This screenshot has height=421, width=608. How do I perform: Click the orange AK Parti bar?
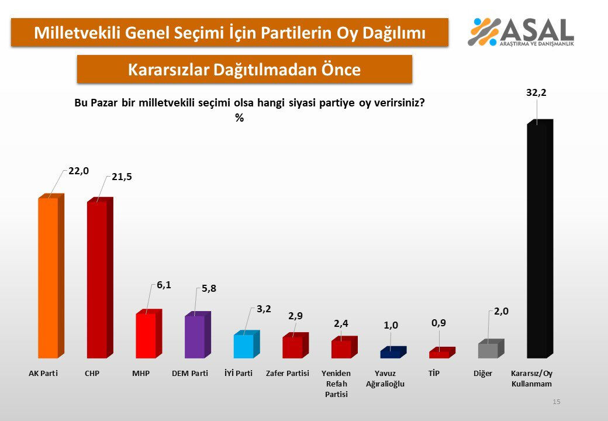[49, 278]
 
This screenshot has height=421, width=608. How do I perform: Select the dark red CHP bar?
[97, 279]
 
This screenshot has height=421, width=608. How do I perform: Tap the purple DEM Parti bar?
[195, 336]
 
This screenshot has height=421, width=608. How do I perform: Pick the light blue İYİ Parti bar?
[244, 346]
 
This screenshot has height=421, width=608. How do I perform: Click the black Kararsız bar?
[537, 240]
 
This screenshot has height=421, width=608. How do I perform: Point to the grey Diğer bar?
[488, 350]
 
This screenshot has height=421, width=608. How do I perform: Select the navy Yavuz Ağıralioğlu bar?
[390, 353]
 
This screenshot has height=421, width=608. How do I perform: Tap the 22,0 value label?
[78, 170]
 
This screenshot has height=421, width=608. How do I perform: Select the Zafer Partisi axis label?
[287, 373]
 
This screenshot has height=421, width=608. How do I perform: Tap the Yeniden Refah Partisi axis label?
[336, 384]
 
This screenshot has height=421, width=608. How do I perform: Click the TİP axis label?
[434, 373]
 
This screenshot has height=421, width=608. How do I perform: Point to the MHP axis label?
[141, 373]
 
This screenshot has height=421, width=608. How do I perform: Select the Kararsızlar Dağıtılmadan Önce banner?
[244, 70]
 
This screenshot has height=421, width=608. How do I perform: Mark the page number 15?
[556, 402]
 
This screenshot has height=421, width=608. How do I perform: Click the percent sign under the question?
[239, 118]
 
